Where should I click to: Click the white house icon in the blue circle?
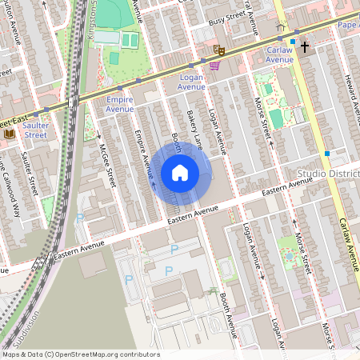click(x=180, y=173)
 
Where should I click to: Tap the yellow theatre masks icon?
click(x=218, y=50)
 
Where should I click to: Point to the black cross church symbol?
click(x=304, y=47)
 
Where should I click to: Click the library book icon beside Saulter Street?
click(x=10, y=134)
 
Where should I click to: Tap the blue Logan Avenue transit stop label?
click(x=191, y=81)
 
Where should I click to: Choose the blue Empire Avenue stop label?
click(x=119, y=103)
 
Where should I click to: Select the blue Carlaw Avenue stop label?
click(x=280, y=54)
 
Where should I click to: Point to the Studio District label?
click(x=327, y=174)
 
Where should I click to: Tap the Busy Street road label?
click(x=225, y=20)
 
